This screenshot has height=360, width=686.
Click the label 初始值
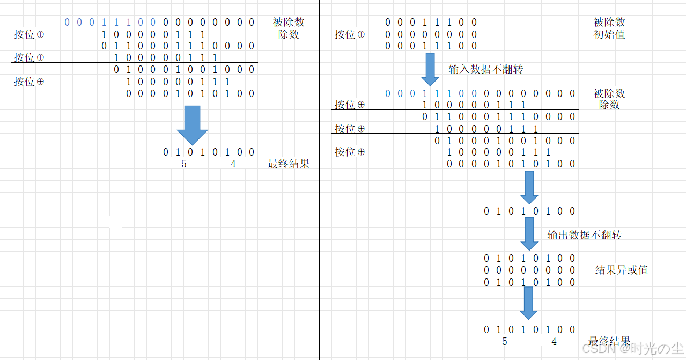coord(609,34)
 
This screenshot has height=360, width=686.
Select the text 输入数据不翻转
coord(485,69)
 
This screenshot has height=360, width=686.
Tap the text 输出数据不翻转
coord(584,235)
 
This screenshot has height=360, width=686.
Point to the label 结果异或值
coord(622,270)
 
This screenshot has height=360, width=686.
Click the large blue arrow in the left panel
coord(191,124)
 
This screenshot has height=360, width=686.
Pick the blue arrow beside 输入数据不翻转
coord(430,69)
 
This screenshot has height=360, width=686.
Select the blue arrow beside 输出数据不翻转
coord(529,234)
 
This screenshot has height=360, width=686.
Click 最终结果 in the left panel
coord(289,164)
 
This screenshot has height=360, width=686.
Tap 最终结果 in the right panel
coord(609,342)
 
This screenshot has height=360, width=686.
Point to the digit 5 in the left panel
coord(184,164)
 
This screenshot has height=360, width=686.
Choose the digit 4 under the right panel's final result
coord(554,342)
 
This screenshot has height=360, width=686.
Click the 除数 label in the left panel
coord(288,34)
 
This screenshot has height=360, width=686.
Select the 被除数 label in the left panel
coord(289,22)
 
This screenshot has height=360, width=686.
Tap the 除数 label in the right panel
coord(609,105)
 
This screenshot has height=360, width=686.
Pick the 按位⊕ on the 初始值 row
coord(350,34)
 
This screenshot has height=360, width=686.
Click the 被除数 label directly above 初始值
coord(609,22)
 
